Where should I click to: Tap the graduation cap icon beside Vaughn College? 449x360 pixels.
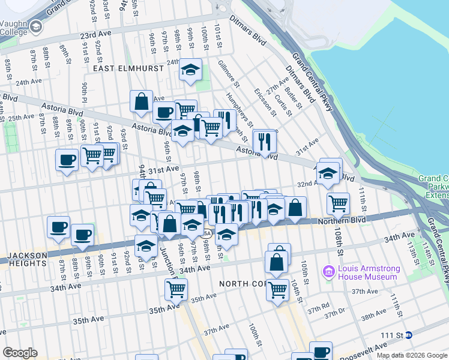[36, 26]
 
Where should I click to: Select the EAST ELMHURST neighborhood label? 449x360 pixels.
[128, 68]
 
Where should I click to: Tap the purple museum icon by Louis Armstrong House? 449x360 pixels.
[328, 272]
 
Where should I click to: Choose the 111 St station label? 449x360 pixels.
[393, 335]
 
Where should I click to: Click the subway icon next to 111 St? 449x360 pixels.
[409, 335]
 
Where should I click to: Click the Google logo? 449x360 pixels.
[20, 352]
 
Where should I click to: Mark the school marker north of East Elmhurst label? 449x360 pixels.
[191, 70]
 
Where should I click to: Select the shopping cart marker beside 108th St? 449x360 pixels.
[339, 203]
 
